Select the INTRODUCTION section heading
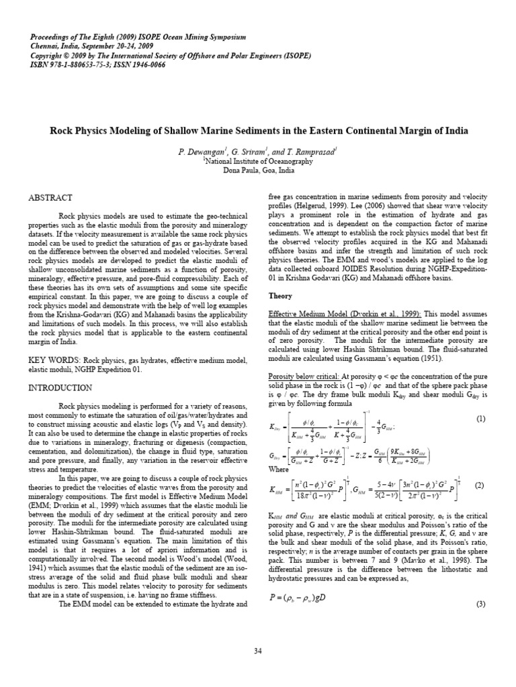[x=60, y=388]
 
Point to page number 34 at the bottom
[x=258, y=651]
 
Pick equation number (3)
[x=480, y=604]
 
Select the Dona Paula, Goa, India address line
[x=258, y=170]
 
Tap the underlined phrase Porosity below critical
[x=304, y=376]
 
